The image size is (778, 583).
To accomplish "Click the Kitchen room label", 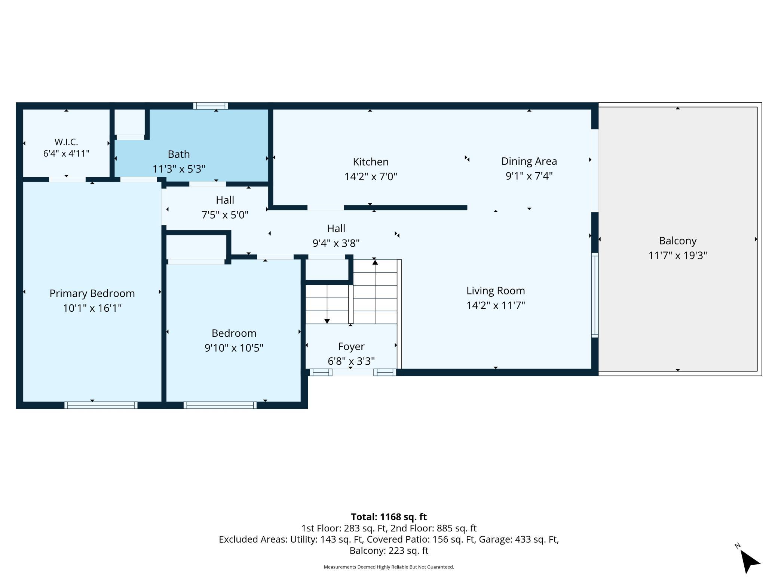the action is point(371,162).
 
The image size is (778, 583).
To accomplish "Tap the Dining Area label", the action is point(529,161).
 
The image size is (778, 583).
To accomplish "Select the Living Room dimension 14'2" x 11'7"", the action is point(496,305).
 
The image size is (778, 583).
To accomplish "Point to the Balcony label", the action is point(678,241).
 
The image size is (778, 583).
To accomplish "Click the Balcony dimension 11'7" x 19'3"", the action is point(678,255).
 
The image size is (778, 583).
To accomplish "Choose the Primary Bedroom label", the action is point(92,293).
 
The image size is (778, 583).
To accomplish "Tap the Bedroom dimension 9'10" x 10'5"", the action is point(234,348).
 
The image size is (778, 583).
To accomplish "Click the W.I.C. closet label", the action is point(66,142).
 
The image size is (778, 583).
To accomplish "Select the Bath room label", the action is point(179,154).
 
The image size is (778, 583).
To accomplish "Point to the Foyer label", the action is point(351,347).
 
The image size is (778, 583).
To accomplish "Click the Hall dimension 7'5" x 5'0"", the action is point(225,215).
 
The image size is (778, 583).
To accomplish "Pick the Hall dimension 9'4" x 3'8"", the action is point(336,243).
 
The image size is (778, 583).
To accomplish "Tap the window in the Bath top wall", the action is point(211,106).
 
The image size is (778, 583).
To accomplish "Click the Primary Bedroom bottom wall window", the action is point(101,405).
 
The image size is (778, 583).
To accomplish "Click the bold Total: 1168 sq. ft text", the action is point(389,517).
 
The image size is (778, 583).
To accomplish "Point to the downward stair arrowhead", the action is point(327,321).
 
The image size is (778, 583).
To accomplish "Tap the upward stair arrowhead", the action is point(375,262).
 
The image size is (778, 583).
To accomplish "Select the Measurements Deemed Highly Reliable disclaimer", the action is point(389,567).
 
